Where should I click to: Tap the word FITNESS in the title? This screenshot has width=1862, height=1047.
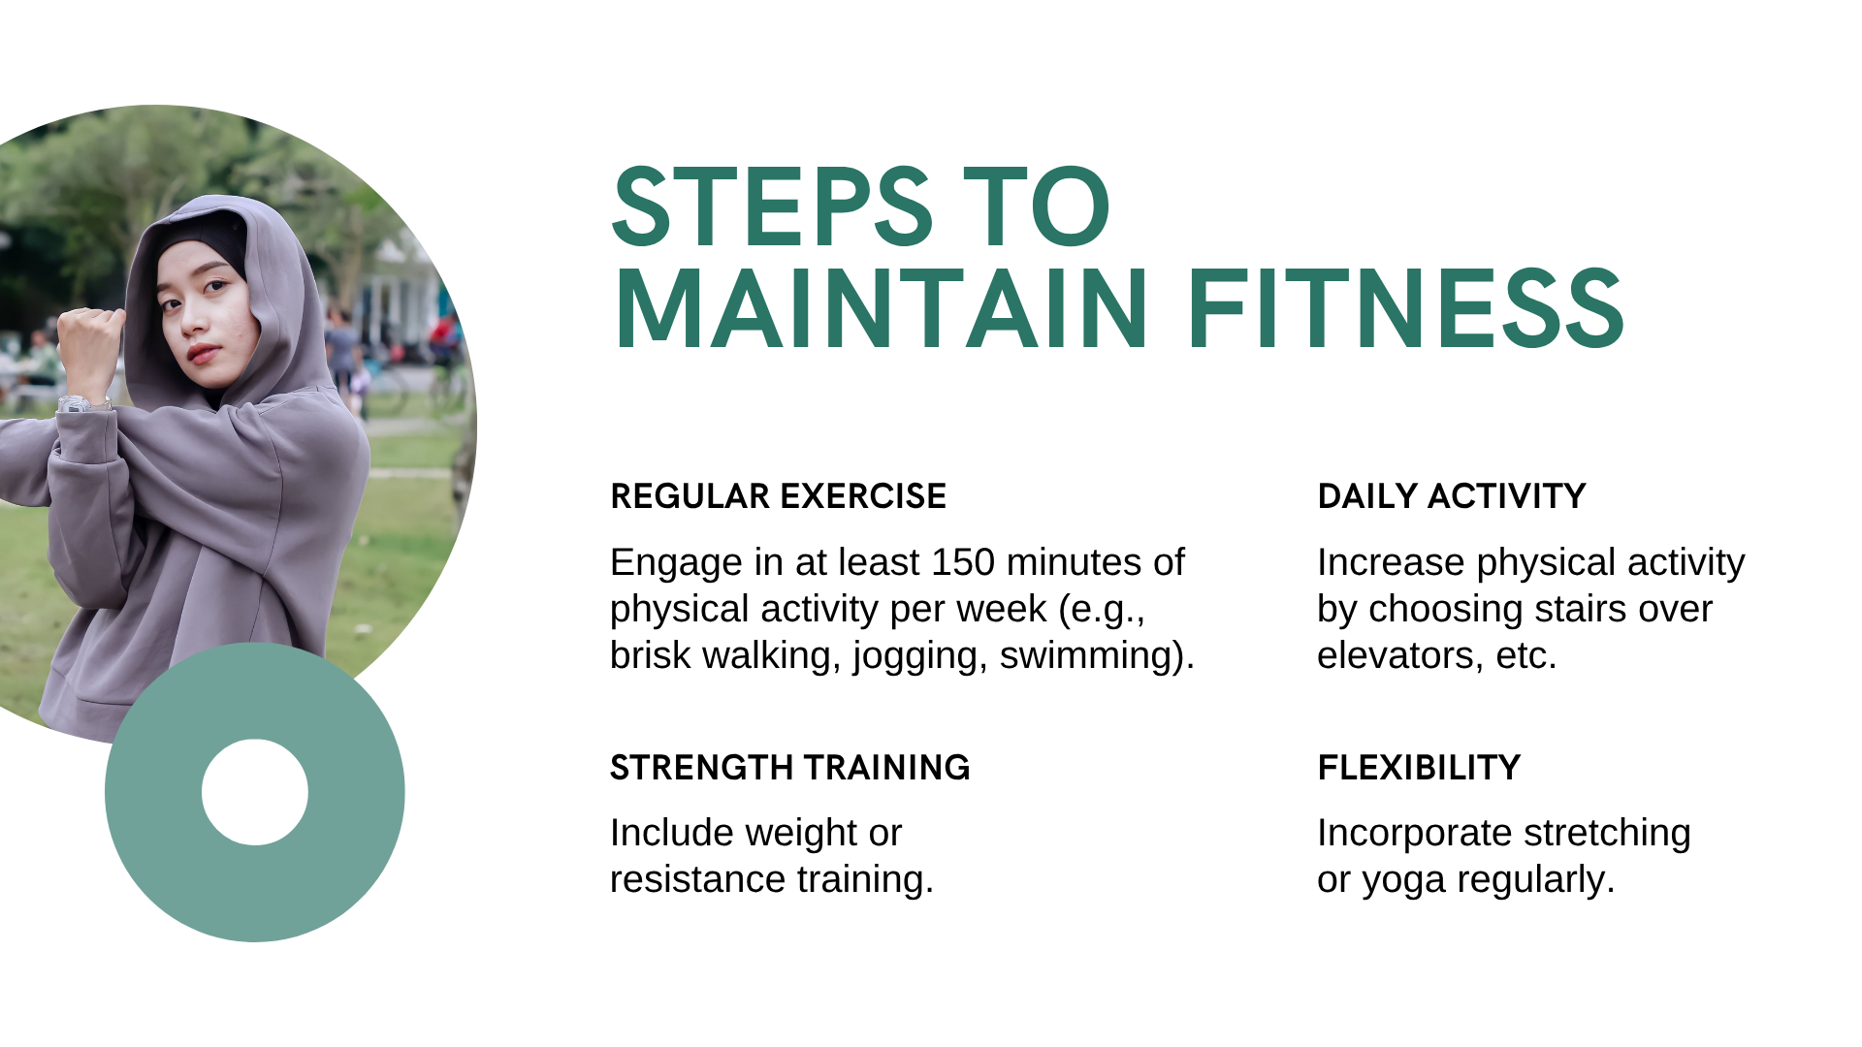(1405, 309)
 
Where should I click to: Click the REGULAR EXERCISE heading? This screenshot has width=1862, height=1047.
(778, 496)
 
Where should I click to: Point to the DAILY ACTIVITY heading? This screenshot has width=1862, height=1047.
(1451, 496)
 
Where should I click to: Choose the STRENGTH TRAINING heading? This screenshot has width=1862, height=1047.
(789, 768)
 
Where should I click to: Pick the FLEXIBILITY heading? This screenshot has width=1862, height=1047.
(1419, 768)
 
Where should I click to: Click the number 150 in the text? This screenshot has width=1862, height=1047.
(962, 562)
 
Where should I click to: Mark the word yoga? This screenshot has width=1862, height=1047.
(1403, 881)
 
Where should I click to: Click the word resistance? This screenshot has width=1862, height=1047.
(697, 880)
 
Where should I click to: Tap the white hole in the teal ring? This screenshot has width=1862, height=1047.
(255, 792)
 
